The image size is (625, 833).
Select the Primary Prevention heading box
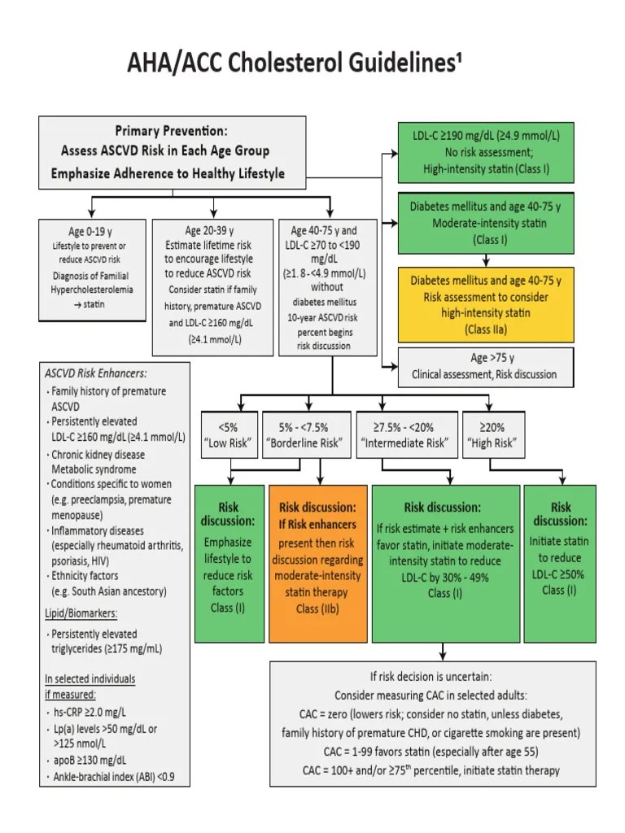click(173, 151)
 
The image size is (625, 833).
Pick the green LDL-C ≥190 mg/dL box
click(486, 152)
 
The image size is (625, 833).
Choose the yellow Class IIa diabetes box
click(486, 304)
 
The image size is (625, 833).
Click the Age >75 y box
click(486, 366)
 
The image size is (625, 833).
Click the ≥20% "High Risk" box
click(491, 435)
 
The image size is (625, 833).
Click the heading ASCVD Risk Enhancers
click(95, 373)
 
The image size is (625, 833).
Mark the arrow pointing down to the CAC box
click(442, 652)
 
